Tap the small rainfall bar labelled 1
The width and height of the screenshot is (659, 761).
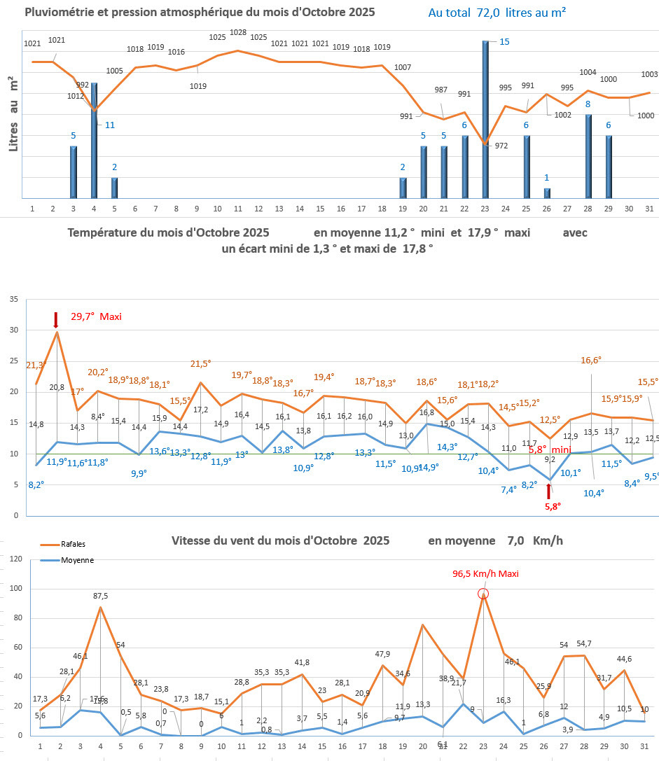(547, 193)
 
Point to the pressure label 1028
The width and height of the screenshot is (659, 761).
(238, 32)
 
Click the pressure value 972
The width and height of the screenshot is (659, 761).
(501, 146)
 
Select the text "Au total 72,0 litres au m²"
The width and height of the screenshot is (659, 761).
(497, 13)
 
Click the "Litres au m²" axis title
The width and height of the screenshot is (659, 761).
(13, 116)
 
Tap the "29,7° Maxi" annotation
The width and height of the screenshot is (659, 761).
(96, 316)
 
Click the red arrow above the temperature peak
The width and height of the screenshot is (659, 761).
(56, 320)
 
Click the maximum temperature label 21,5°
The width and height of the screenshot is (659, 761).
(201, 363)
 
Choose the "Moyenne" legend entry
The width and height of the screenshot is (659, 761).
(77, 560)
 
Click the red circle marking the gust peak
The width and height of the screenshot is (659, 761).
(483, 594)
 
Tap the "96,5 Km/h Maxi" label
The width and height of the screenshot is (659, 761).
(485, 573)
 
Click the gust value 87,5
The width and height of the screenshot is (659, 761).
(100, 596)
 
